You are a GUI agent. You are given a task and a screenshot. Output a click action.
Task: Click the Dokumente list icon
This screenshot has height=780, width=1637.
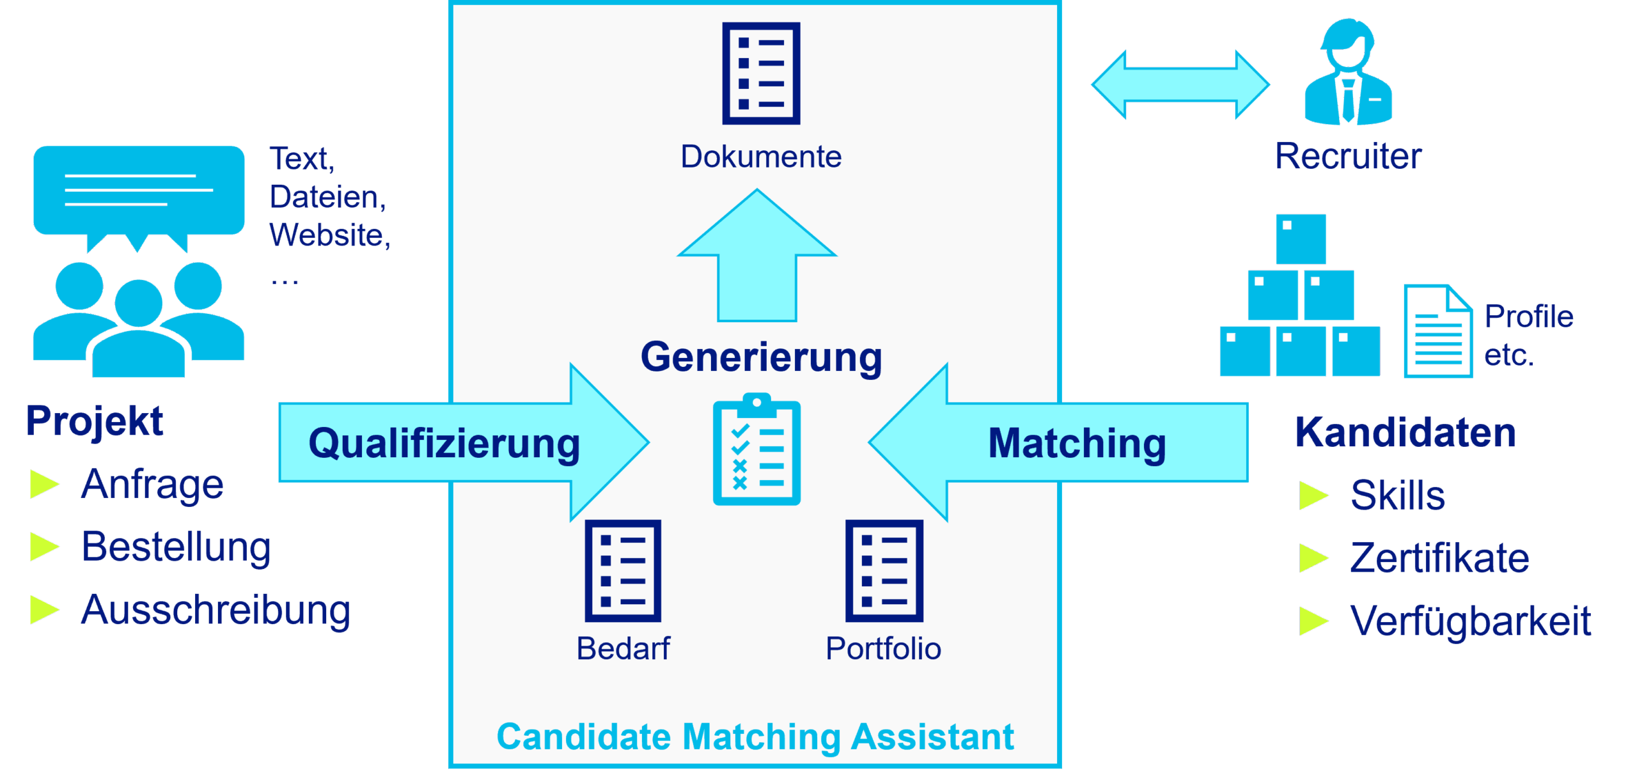click(761, 74)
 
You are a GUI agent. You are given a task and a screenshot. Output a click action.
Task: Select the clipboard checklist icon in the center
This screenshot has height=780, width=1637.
click(756, 451)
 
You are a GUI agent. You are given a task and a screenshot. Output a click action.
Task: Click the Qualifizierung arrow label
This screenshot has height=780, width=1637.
click(444, 443)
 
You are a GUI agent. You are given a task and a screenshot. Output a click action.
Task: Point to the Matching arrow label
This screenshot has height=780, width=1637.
click(1077, 443)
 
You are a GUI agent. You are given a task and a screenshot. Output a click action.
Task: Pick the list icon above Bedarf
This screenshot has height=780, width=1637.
click(623, 570)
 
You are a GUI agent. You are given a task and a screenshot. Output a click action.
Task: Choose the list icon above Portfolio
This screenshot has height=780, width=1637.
click(884, 570)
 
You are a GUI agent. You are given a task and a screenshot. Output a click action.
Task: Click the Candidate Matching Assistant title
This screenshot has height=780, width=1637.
click(755, 737)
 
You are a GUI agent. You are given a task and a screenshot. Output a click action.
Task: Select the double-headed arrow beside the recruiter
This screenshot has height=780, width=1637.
click(1180, 84)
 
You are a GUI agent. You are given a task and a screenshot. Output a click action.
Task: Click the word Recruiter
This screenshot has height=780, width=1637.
click(1348, 156)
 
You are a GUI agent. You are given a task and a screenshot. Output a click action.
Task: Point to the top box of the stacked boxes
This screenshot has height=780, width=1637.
click(1301, 238)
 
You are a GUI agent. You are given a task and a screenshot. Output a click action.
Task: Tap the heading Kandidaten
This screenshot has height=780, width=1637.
click(1406, 433)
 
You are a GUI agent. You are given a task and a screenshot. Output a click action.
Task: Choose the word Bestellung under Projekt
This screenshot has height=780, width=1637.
click(176, 547)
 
